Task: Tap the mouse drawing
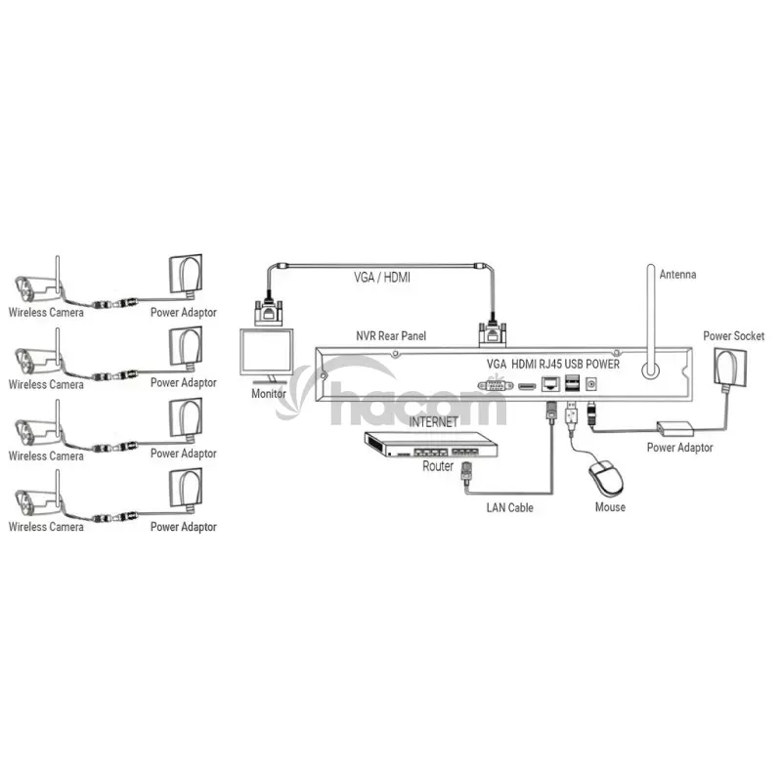coord(606,476)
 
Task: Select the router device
coord(431,445)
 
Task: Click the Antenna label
coord(677,275)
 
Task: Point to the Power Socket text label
coord(733,335)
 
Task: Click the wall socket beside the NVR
coord(730,368)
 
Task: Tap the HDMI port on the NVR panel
coord(527,386)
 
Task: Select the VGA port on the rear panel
coord(496,385)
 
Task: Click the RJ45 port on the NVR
coord(550,384)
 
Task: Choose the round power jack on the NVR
coord(591,384)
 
